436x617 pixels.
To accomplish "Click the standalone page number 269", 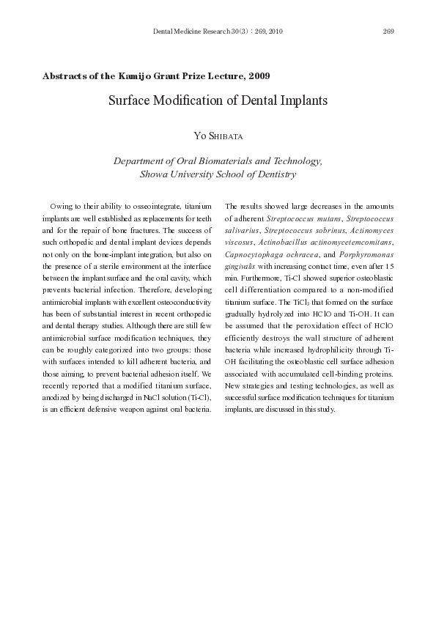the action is [388, 31].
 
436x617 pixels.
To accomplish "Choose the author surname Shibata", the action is [226, 136].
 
